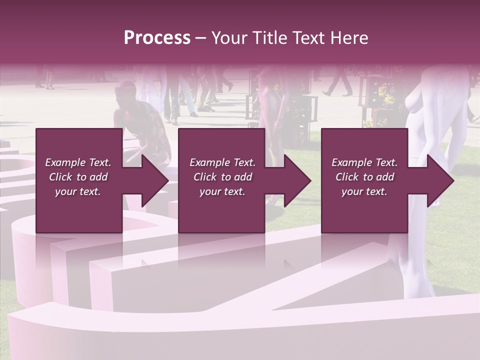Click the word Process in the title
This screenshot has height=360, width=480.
point(157,38)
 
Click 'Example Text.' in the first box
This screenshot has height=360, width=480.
point(78,162)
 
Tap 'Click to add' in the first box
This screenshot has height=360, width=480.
point(78,177)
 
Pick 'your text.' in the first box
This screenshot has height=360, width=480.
point(78,191)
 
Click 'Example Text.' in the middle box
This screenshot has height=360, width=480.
point(222,162)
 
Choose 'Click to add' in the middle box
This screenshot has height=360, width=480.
point(222,177)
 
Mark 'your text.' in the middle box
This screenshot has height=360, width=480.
point(222,191)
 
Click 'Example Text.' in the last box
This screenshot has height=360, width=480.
point(364,162)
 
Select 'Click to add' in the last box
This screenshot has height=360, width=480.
point(364,177)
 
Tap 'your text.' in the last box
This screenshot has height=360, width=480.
point(364,191)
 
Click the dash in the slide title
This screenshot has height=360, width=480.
point(200,38)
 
